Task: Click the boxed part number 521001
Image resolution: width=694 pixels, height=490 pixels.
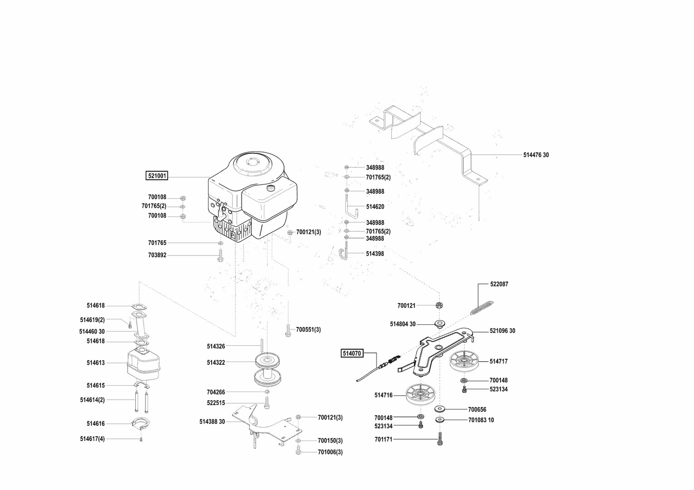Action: point(156,176)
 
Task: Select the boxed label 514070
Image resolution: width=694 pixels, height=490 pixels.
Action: point(352,353)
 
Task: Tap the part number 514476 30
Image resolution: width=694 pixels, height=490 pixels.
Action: point(536,155)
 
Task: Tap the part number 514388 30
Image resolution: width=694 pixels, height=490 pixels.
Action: point(212,421)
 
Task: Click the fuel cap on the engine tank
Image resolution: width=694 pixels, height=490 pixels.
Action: point(272,187)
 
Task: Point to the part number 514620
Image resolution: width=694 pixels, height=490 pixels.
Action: point(375,206)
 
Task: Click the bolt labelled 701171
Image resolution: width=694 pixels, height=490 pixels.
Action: point(439,439)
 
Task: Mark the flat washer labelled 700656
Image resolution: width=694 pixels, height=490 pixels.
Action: point(440,409)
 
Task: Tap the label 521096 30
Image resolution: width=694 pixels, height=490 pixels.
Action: point(502,331)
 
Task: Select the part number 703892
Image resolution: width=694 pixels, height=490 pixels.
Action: point(157,255)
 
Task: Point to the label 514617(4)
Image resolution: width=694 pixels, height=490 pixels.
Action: point(92,439)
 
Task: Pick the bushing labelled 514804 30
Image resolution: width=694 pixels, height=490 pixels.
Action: point(440,323)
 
